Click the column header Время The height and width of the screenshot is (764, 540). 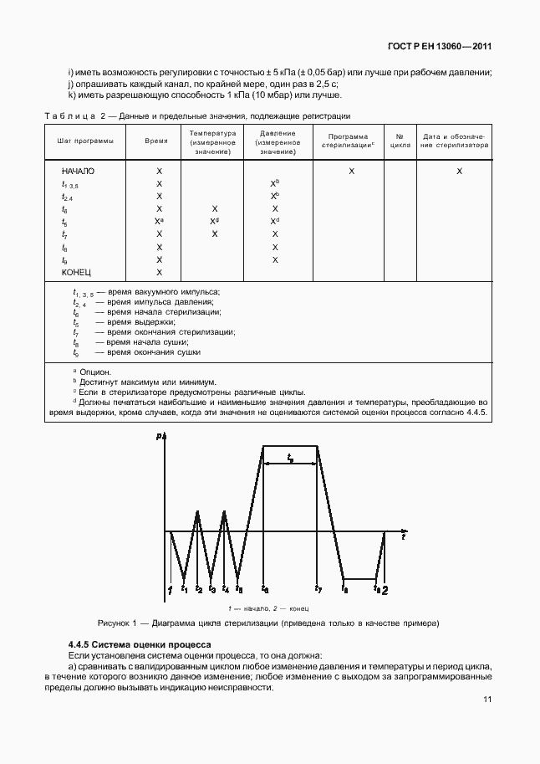(x=156, y=143)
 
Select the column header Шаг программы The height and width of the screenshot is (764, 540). (x=85, y=143)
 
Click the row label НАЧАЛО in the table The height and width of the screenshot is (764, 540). (x=78, y=171)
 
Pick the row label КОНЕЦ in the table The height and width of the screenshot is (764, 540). (x=76, y=273)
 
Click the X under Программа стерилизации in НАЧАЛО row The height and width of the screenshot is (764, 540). (x=351, y=171)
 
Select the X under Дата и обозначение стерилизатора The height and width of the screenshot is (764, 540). (x=459, y=171)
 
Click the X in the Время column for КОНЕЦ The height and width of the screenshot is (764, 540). (x=159, y=273)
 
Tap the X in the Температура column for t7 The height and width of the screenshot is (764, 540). (x=215, y=234)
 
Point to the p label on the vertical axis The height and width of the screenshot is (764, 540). (x=159, y=436)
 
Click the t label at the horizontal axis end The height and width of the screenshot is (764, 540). (x=403, y=538)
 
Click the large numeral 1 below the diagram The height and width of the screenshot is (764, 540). (x=170, y=591)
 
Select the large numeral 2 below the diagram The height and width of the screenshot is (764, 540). (x=385, y=591)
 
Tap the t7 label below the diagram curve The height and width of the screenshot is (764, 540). (x=318, y=588)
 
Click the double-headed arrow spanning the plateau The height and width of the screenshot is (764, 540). (x=291, y=465)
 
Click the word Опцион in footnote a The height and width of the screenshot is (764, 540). (x=94, y=371)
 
